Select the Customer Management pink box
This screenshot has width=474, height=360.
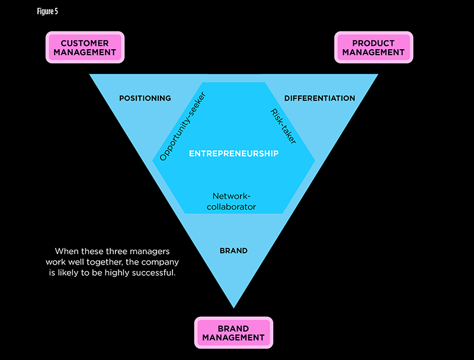[x=85, y=47]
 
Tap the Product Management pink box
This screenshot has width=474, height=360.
[x=373, y=47]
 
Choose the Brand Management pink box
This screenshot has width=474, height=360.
[x=233, y=333]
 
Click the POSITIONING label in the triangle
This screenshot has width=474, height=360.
[x=145, y=98]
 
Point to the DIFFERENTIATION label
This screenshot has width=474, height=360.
[x=319, y=98]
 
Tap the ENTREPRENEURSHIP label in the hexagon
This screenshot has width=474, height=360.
[x=233, y=154]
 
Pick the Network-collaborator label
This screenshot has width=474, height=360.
[x=234, y=201]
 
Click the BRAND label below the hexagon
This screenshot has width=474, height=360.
[x=233, y=251]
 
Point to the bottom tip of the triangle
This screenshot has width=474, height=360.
[x=233, y=307]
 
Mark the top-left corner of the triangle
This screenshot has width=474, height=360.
[x=91, y=75]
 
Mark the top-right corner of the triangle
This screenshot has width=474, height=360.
[x=377, y=75]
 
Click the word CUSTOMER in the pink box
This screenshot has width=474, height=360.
[x=85, y=43]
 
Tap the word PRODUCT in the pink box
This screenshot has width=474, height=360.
[x=373, y=43]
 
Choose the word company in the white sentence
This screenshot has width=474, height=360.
[x=158, y=262]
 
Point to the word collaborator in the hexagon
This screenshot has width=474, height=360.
[x=234, y=207]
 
